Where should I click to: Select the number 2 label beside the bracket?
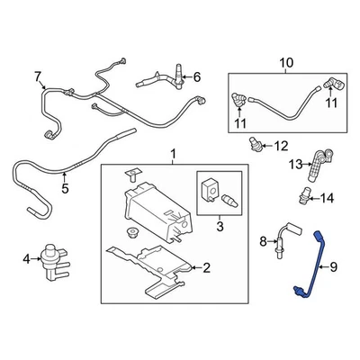[x=205, y=267]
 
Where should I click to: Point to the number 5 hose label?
[x=64, y=190]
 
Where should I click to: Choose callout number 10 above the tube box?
[x=286, y=62]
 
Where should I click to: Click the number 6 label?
[x=198, y=77]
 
